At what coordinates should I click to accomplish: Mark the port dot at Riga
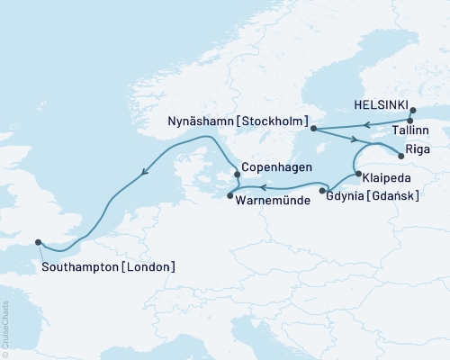[401, 155]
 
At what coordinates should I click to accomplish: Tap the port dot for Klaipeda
[358, 174]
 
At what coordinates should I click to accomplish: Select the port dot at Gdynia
[322, 192]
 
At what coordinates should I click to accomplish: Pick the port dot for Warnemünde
[230, 195]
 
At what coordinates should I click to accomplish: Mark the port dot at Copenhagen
[236, 175]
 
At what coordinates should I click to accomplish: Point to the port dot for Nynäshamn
[314, 129]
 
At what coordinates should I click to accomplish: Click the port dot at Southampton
[38, 241]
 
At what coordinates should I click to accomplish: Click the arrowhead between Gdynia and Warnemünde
[263, 187]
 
